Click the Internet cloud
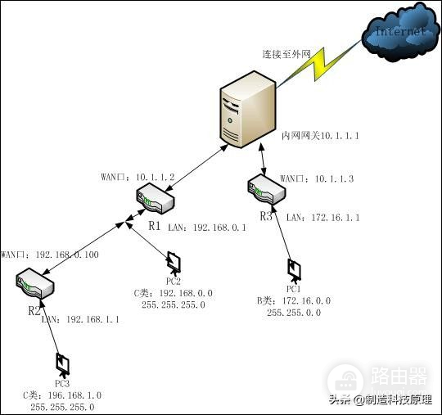pos(399,32)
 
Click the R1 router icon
pos(155,197)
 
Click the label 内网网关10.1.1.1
pos(320,135)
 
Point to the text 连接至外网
pos(287,54)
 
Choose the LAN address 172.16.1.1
pos(335,217)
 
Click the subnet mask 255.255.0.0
pos(293,313)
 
